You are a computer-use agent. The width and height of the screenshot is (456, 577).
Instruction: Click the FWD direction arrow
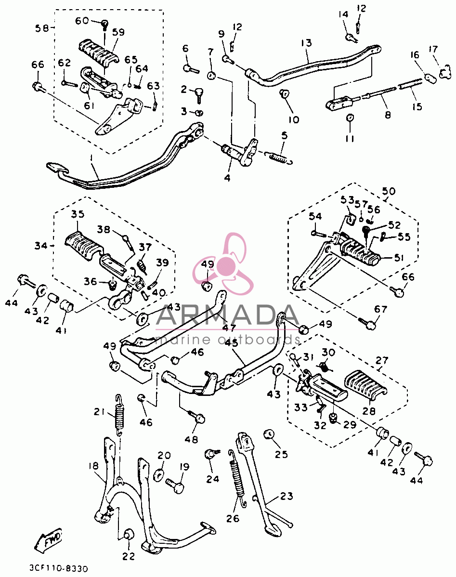[48, 539]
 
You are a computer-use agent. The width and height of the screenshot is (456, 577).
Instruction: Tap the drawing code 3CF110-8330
[59, 568]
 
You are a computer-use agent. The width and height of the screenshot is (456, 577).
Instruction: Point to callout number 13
[306, 43]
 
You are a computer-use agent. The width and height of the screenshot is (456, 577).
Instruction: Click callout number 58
[42, 28]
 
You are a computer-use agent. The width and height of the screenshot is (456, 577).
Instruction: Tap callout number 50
[389, 191]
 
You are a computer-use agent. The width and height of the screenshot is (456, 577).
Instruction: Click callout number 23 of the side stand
[287, 497]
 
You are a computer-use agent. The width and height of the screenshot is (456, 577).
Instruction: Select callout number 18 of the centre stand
[93, 466]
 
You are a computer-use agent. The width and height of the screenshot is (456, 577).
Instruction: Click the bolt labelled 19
[176, 485]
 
